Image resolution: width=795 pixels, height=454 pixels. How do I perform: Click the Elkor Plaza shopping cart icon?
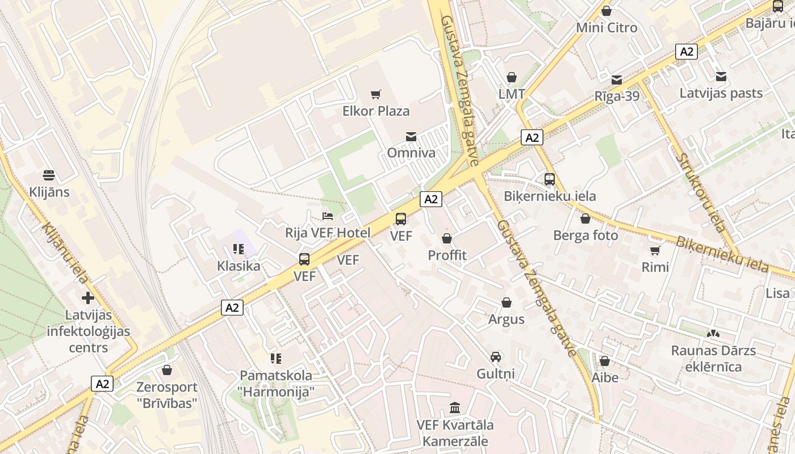coord(375,94)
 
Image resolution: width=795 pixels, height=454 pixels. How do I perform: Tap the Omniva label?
coord(411,153)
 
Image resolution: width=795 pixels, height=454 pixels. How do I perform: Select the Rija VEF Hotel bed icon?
coord(328,216)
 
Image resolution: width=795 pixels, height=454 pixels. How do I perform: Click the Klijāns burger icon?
coord(49,175)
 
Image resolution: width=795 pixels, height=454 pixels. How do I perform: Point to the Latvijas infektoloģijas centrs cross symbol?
coord(88,297)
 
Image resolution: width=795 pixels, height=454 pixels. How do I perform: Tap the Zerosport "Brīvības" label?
coord(167,395)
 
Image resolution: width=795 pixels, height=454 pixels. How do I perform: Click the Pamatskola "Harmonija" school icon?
coord(276,359)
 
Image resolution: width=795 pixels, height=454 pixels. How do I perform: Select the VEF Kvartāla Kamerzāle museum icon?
coord(455,408)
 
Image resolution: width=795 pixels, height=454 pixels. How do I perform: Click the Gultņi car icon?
coord(496,357)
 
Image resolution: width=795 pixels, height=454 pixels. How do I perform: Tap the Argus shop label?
coord(507,319)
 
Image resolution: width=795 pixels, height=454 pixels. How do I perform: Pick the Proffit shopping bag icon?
coord(447,238)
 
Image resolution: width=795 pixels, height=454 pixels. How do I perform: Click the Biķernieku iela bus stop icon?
coord(550,179)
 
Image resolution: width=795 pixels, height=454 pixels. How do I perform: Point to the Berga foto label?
coord(585,235)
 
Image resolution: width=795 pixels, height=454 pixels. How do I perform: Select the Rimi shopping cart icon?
coord(655,250)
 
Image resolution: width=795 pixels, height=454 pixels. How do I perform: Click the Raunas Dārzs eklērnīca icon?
coord(713,334)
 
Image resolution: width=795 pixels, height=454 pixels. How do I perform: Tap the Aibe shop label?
coord(605,377)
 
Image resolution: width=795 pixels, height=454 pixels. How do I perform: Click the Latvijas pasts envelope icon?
coord(721,77)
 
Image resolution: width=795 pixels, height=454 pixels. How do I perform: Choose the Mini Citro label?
coord(606,27)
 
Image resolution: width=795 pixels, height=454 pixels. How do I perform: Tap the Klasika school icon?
coord(238,249)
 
